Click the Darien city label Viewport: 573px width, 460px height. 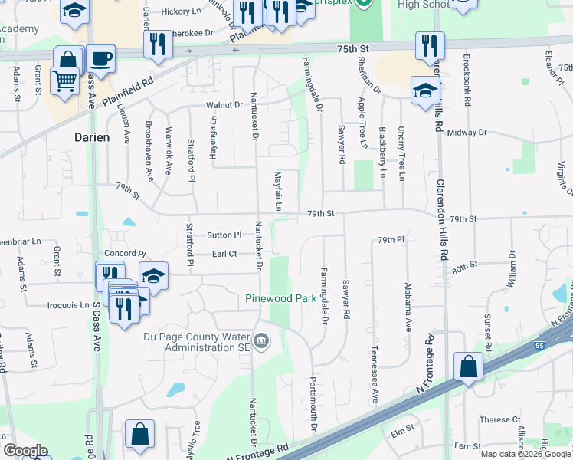(x=92, y=137)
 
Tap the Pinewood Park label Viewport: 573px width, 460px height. (x=281, y=298)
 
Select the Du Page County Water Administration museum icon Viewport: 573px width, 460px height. (x=261, y=340)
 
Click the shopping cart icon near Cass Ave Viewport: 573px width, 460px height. (x=64, y=80)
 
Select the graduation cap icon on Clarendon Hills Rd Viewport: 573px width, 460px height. (x=424, y=90)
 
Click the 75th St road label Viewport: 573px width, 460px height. (x=352, y=48)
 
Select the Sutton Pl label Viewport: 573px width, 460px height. (x=225, y=234)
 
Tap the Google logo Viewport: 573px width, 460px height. (x=25, y=451)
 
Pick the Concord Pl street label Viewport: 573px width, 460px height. (x=124, y=253)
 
